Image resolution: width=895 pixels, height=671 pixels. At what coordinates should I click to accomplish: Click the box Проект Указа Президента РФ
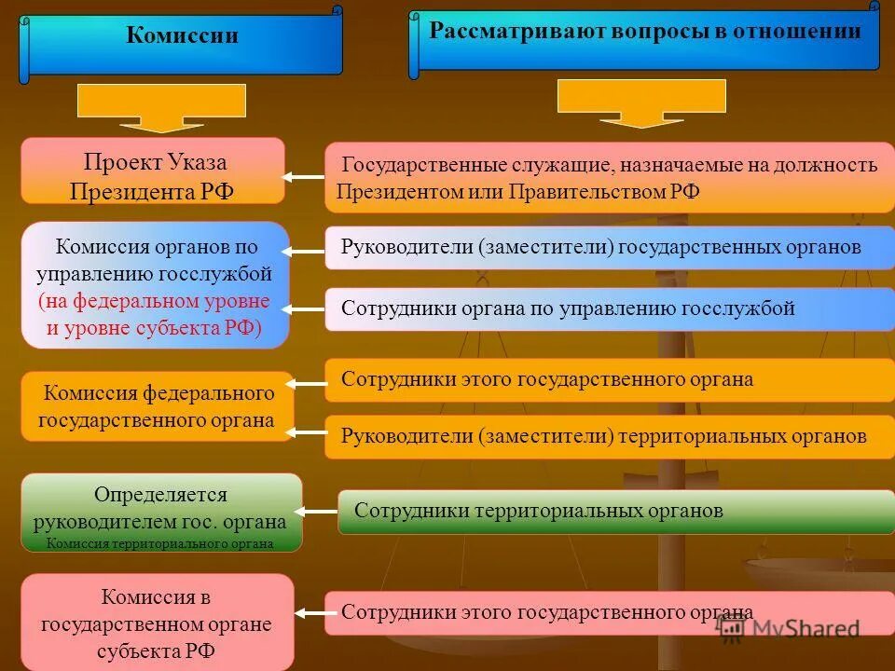pyautogui.click(x=153, y=171)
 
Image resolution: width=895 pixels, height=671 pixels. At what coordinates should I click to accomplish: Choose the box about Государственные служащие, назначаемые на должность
pyautogui.click(x=609, y=177)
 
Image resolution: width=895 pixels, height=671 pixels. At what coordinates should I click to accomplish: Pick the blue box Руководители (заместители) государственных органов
pyautogui.click(x=609, y=248)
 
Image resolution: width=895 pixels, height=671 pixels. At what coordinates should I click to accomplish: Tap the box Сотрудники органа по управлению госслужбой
pyautogui.click(x=609, y=309)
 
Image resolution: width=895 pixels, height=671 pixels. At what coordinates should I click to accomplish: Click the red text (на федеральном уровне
pyautogui.click(x=154, y=302)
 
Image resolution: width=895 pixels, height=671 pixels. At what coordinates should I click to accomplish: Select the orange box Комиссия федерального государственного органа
pyautogui.click(x=157, y=406)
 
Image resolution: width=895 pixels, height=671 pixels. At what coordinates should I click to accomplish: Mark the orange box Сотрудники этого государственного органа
pyautogui.click(x=609, y=380)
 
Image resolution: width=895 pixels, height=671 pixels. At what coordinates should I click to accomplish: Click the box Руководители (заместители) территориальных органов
pyautogui.click(x=609, y=436)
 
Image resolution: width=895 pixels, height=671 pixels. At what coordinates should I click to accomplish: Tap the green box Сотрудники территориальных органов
pyautogui.click(x=615, y=512)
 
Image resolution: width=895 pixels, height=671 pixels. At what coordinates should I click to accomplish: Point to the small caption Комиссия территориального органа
pyautogui.click(x=159, y=544)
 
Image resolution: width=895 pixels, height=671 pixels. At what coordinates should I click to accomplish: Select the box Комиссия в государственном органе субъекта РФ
pyautogui.click(x=157, y=623)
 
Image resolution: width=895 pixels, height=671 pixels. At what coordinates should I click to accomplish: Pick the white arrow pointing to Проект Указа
pyautogui.click(x=303, y=176)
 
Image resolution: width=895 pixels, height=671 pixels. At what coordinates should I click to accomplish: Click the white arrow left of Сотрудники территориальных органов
pyautogui.click(x=317, y=511)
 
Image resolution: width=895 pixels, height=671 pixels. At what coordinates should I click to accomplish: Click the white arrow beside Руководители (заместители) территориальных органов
pyautogui.click(x=306, y=431)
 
